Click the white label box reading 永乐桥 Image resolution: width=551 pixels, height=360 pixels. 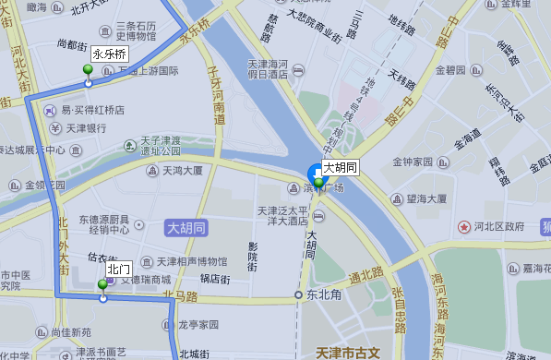click(109, 54)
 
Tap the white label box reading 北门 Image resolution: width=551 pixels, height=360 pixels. click(117, 269)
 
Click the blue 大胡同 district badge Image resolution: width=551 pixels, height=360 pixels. click(186, 227)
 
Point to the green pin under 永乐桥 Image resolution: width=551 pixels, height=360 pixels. click(89, 71)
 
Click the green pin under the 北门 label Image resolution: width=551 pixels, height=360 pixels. click(102, 287)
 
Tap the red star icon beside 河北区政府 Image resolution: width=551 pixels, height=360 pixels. click(477, 226)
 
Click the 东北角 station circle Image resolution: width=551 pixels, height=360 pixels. click(298, 295)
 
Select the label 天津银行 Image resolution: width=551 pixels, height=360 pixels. click(84, 127)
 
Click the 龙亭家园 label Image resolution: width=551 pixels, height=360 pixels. click(198, 325)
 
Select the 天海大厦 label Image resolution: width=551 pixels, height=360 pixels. click(182, 170)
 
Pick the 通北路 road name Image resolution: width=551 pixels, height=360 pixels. click(366, 275)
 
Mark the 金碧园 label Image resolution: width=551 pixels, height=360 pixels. click(449, 69)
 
